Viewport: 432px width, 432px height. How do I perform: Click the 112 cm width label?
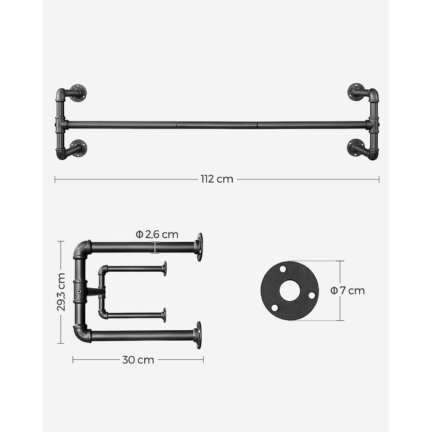(217, 180)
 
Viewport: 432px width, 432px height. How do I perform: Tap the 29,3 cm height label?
(62, 292)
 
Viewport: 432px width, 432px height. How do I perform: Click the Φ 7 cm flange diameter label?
(347, 290)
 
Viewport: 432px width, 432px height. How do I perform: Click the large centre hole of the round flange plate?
(289, 291)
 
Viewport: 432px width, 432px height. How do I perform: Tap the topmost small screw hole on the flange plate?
(283, 270)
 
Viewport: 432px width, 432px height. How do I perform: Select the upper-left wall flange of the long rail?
(78, 93)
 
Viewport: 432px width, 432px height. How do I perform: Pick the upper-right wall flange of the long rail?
(356, 93)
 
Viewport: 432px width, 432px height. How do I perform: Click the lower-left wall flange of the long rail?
(78, 148)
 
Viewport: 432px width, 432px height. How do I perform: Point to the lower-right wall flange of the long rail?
(355, 148)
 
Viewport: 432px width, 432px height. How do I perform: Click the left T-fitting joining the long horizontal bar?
(61, 124)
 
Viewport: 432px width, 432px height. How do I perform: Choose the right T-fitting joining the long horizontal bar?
(372, 124)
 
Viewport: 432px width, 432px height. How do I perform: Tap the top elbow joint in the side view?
(81, 249)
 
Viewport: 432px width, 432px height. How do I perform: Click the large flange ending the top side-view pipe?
(198, 247)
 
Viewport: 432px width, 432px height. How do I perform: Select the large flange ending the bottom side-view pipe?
(197, 335)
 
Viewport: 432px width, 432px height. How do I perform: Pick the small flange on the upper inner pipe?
(164, 268)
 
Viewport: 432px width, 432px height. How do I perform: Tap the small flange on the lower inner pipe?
(164, 315)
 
